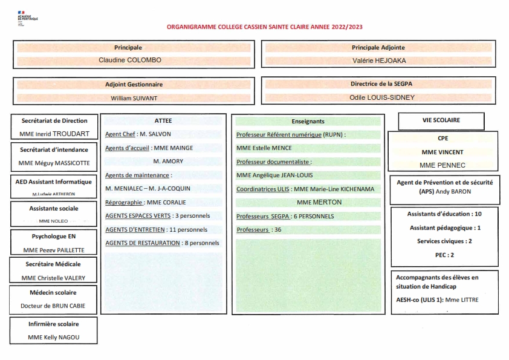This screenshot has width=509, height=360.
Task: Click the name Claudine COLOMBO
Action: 130,61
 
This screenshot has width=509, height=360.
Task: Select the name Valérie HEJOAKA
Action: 378,61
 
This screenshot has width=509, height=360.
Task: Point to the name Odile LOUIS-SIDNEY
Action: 378,97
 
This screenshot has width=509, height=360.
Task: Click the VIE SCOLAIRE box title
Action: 441,120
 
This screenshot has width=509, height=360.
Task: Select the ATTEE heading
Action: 163,121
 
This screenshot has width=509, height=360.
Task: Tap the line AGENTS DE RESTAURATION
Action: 162,243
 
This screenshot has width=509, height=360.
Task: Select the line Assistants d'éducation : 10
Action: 444,214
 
